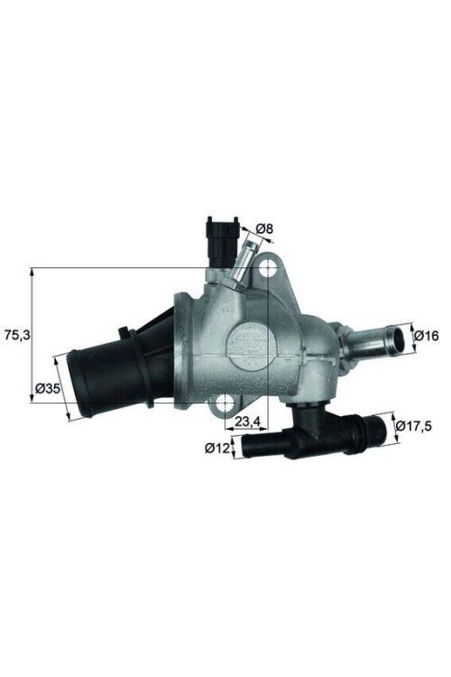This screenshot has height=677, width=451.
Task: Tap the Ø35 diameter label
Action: click(47, 390)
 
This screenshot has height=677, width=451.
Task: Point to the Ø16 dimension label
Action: click(427, 336)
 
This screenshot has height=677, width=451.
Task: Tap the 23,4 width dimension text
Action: click(248, 422)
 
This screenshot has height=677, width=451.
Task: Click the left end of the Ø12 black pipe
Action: click(245, 443)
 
